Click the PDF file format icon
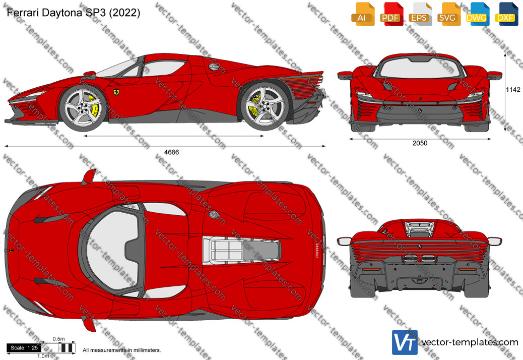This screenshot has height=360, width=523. pyautogui.click(x=391, y=14)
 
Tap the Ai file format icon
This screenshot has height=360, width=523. pyautogui.click(x=363, y=14)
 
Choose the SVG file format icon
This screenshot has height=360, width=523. pyautogui.click(x=448, y=14)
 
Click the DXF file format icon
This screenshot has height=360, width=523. pyautogui.click(x=506, y=14)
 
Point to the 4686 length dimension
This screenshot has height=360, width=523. pyautogui.click(x=171, y=152)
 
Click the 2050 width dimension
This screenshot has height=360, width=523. pyautogui.click(x=420, y=143)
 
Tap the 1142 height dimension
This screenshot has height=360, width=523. pyautogui.click(x=513, y=89)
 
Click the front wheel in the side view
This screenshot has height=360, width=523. pyautogui.click(x=83, y=108)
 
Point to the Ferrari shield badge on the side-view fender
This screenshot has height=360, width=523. pyautogui.click(x=116, y=92)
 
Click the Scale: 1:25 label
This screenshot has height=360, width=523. pyautogui.click(x=24, y=348)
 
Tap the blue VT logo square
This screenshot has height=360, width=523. pyautogui.click(x=405, y=342)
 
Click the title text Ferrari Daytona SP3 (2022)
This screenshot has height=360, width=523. pyautogui.click(x=74, y=13)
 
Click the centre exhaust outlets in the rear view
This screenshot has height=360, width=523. pyautogui.click(x=420, y=258)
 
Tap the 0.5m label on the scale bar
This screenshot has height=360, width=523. pyautogui.click(x=59, y=339)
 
